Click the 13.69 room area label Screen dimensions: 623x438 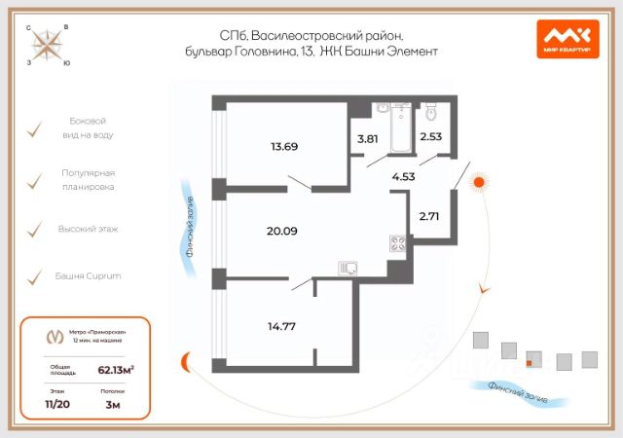[284, 147]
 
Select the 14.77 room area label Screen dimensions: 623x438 [280, 326]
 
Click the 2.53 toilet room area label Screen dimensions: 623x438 [430, 136]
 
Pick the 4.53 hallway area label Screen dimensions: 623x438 [404, 176]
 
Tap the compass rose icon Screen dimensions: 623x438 [49, 44]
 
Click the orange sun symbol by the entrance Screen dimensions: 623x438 [478, 180]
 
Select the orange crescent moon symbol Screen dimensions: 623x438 [183, 363]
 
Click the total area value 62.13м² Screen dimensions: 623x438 [115, 369]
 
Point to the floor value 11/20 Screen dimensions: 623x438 [58, 402]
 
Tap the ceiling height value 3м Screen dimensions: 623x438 [113, 402]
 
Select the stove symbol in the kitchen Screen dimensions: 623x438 [397, 244]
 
